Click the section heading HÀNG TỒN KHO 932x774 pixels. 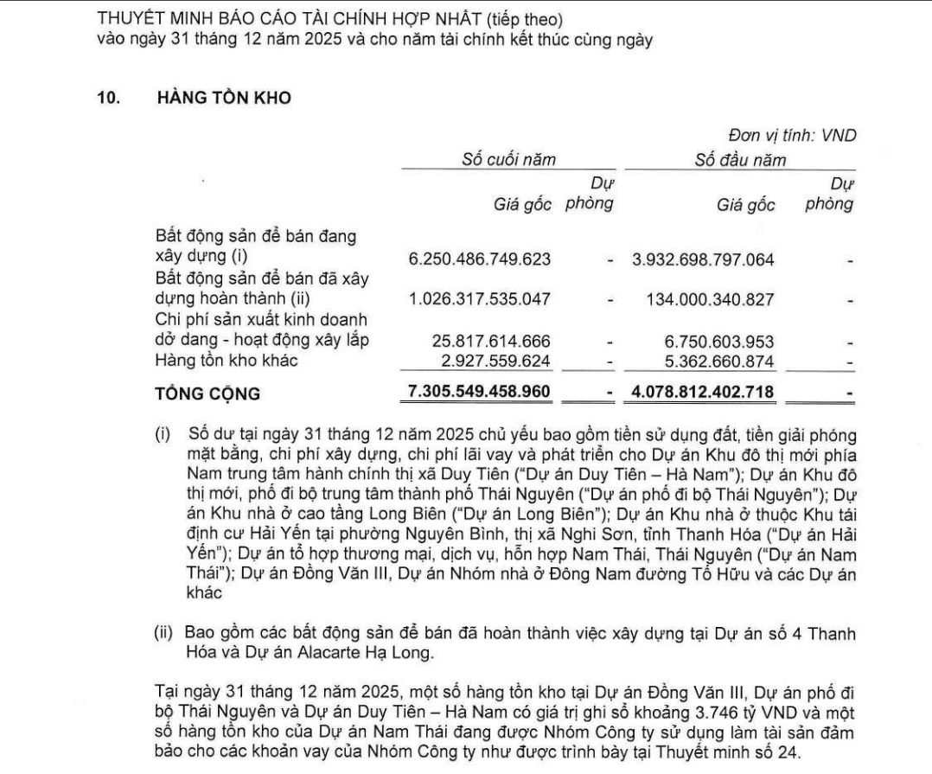[x=223, y=99]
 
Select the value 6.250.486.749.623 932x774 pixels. [x=479, y=259]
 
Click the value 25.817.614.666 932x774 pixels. [x=490, y=341]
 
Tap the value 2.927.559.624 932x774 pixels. [x=495, y=360]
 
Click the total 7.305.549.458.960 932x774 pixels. [x=479, y=393]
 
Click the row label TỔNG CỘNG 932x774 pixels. [x=207, y=393]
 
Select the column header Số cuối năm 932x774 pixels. [x=507, y=160]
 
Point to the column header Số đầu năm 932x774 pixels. [x=741, y=160]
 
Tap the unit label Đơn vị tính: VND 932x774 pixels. [x=792, y=136]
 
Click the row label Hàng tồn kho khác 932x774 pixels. [x=227, y=360]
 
